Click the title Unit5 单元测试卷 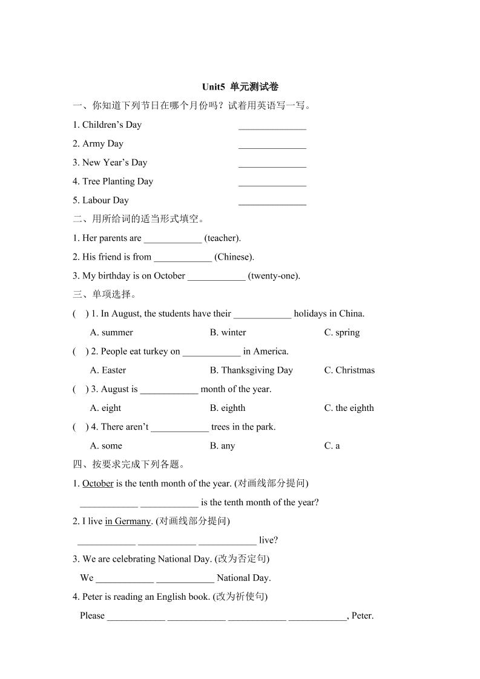click(240, 87)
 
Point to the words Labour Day click(105, 200)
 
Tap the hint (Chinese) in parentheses click(234, 257)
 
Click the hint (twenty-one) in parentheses click(274, 276)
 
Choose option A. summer click(111, 332)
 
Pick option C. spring click(342, 332)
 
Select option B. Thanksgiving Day click(251, 370)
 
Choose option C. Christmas click(349, 370)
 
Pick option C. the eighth click(349, 408)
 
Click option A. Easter click(108, 370)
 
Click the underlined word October click(98, 484)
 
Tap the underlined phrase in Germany click(128, 521)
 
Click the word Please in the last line click(92, 616)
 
